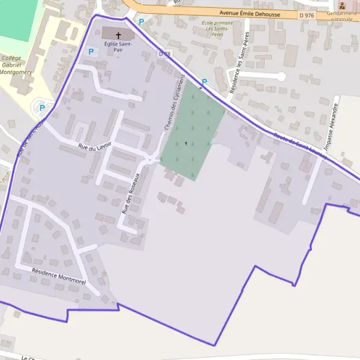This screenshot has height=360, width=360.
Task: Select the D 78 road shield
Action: [x=165, y=54]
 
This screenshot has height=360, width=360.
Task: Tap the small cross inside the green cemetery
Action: [x=186, y=143]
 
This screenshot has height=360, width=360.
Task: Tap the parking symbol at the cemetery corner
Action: [x=204, y=82]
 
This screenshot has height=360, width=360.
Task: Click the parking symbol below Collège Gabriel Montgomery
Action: [x=42, y=108]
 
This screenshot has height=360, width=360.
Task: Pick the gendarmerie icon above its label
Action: [x=343, y=5]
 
